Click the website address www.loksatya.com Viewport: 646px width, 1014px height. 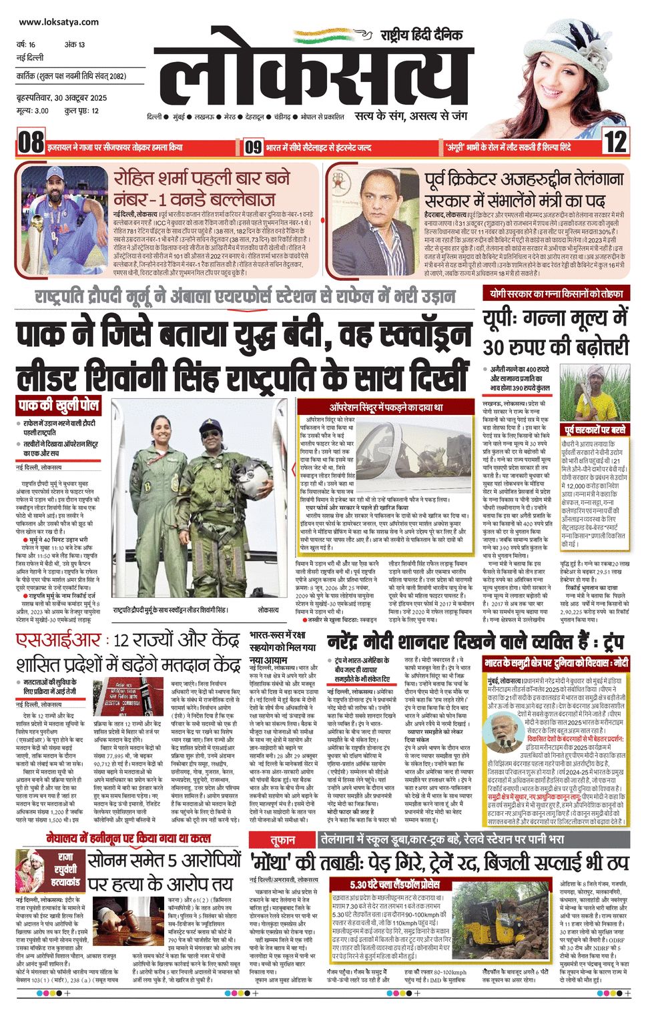59,22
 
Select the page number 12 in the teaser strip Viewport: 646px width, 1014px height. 615,143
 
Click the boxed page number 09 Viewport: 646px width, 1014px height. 253,146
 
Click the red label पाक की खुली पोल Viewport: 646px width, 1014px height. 59,406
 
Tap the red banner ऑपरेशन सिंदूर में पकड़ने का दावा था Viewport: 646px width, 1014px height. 386,407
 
